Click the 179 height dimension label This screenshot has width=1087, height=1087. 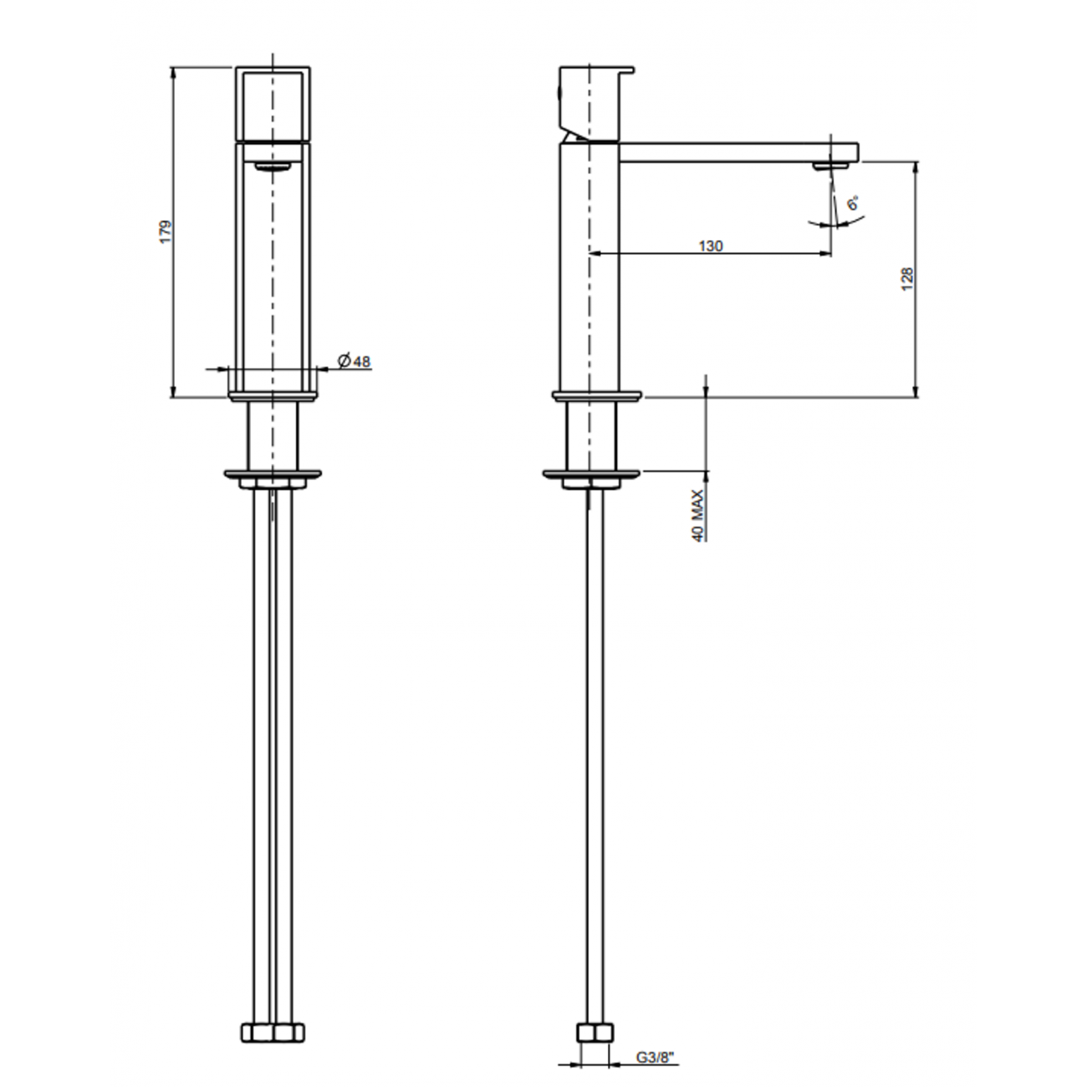click(x=166, y=232)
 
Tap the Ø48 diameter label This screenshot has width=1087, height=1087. click(x=355, y=361)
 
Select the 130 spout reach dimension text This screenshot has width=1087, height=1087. click(x=711, y=246)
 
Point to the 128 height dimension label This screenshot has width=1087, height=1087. click(x=908, y=278)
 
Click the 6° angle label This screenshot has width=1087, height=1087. click(x=853, y=203)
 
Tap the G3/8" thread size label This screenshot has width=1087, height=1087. click(x=655, y=1062)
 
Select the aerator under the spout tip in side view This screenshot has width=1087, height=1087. click(x=830, y=166)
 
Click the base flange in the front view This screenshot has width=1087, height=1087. click(x=273, y=394)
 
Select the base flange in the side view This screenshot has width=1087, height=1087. click(x=595, y=395)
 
